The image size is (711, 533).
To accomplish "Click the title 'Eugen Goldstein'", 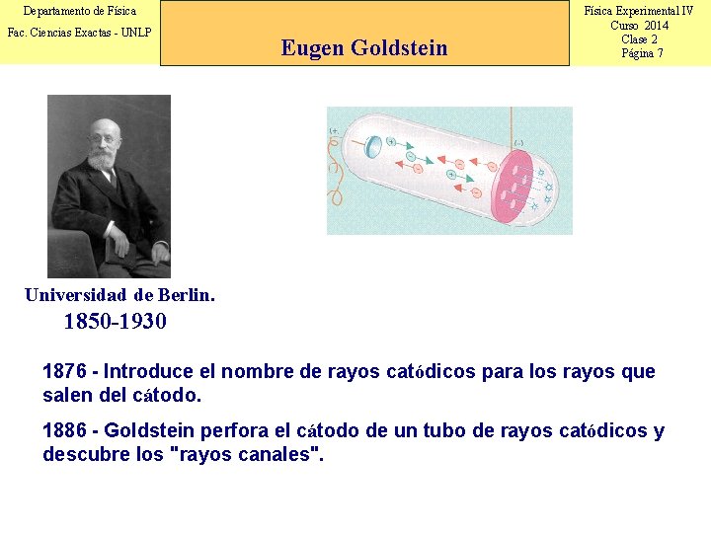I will [x=363, y=47].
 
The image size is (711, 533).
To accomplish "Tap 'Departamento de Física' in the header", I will [x=80, y=11].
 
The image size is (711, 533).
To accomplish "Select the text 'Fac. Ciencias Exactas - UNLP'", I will [x=80, y=33].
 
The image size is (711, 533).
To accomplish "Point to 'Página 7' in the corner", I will [x=642, y=53].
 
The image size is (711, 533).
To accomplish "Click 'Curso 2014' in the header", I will [x=639, y=26].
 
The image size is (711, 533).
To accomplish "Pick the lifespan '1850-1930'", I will [x=115, y=322].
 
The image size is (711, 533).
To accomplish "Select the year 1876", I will [x=64, y=372].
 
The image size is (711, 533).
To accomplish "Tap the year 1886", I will [x=64, y=431].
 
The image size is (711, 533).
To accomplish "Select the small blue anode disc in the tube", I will [x=373, y=148].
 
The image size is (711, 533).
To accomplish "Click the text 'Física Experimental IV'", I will [x=639, y=11].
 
